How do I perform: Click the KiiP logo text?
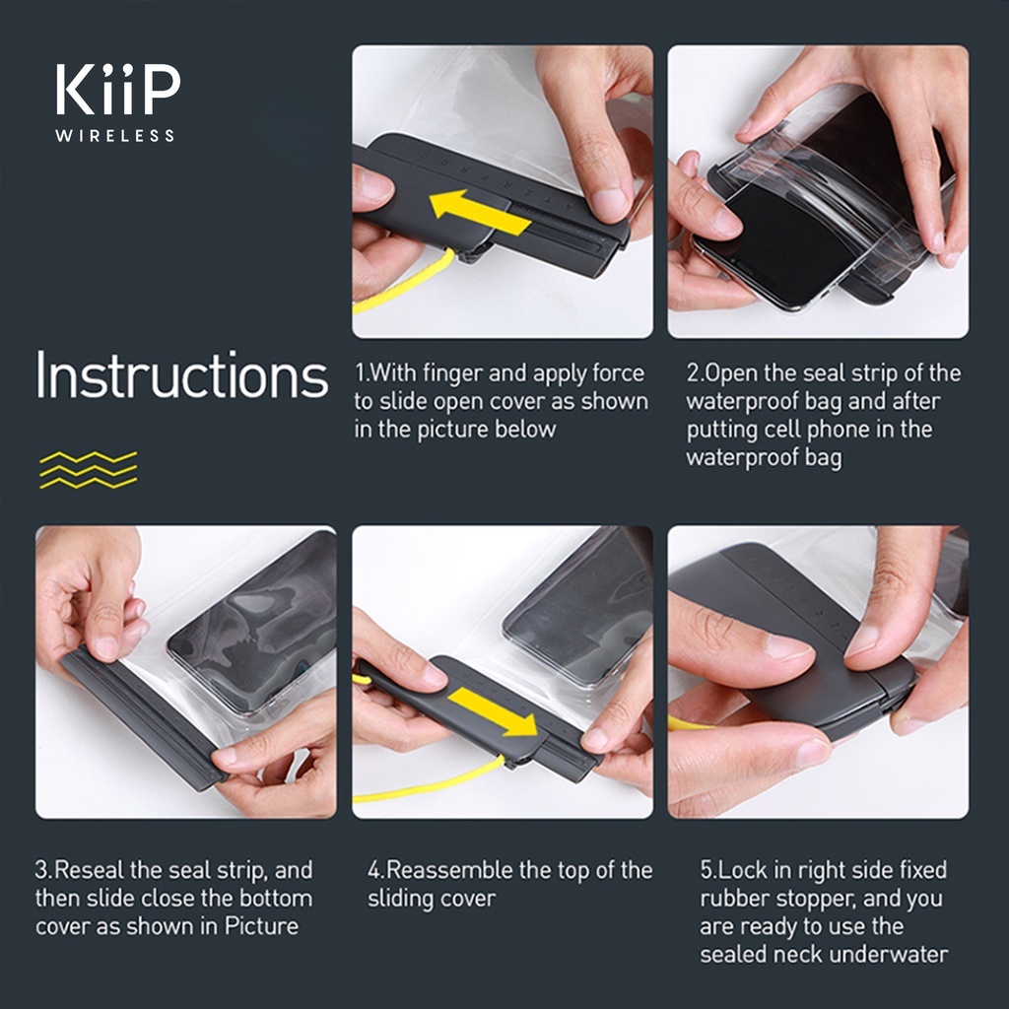pyautogui.click(x=118, y=90)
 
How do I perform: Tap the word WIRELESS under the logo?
pyautogui.click(x=114, y=136)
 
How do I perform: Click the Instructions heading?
pyautogui.click(x=182, y=374)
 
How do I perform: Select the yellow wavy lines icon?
pyautogui.click(x=88, y=470)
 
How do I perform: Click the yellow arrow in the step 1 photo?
pyautogui.click(x=480, y=213)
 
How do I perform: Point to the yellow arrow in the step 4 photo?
pyautogui.click(x=494, y=711)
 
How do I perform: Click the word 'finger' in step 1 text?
pyautogui.click(x=453, y=373)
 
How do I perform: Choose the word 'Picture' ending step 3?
pyautogui.click(x=260, y=926)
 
